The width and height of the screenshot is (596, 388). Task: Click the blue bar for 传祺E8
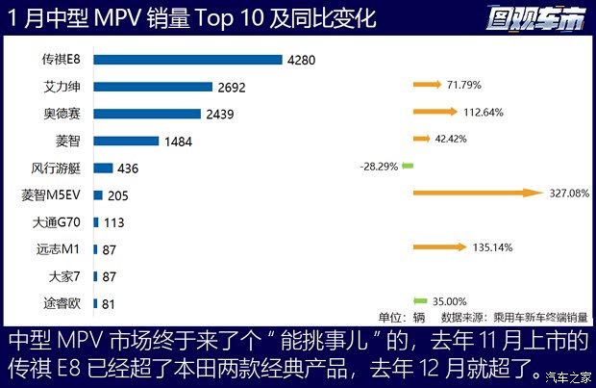click(x=187, y=60)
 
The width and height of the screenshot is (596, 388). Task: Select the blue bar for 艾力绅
click(x=153, y=87)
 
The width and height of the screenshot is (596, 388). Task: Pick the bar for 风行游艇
click(x=104, y=168)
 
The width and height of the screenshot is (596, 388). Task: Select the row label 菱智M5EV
click(x=54, y=194)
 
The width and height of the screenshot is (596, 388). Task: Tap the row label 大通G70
click(x=59, y=222)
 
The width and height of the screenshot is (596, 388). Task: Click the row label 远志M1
click(x=61, y=249)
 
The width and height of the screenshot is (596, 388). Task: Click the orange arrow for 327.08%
click(x=477, y=194)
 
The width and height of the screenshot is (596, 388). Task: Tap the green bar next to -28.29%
click(x=407, y=166)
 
